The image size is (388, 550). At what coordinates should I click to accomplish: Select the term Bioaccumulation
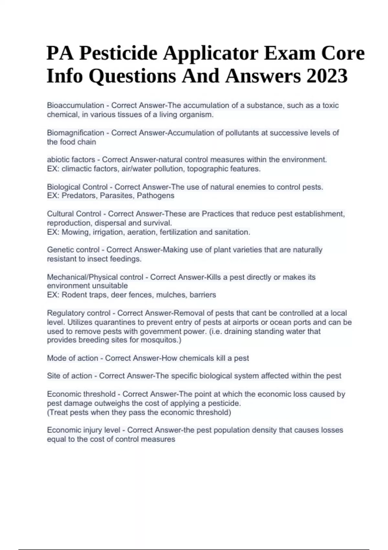click(x=75, y=105)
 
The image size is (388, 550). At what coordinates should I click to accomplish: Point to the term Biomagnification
click(x=75, y=133)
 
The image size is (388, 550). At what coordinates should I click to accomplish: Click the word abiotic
click(x=58, y=159)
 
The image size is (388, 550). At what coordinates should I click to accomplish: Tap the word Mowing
click(x=75, y=232)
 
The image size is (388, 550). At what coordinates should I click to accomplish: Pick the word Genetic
click(x=59, y=250)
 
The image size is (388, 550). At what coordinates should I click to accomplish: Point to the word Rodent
click(x=74, y=295)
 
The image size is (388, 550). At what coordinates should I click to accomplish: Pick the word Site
click(x=53, y=376)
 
